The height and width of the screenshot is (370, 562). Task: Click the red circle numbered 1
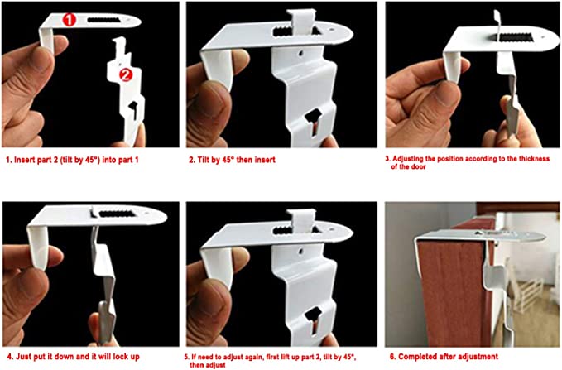click(x=70, y=19)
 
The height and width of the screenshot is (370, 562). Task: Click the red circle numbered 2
click(x=126, y=75)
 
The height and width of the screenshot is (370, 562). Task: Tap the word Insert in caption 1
click(x=24, y=160)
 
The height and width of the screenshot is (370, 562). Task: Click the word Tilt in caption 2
click(x=204, y=160)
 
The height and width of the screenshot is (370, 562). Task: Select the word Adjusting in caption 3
click(x=407, y=158)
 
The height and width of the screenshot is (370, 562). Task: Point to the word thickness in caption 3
click(x=534, y=158)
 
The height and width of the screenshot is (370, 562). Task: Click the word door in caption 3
click(x=419, y=166)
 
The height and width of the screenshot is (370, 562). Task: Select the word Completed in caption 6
click(x=415, y=357)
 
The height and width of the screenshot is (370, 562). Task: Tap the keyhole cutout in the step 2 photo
click(x=313, y=123)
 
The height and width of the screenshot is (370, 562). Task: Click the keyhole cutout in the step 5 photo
click(x=313, y=321)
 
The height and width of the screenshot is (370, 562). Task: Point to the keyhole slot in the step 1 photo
click(x=134, y=109)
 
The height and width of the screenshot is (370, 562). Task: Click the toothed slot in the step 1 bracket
click(x=104, y=20)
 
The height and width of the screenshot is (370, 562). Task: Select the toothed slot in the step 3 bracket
click(x=515, y=37)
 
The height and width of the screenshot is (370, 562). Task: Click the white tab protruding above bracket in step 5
click(x=302, y=217)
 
